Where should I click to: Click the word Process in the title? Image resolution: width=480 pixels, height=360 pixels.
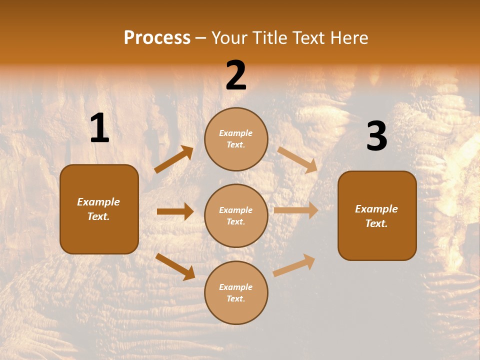pyautogui.click(x=157, y=38)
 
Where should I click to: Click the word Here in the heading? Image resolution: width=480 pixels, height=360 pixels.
pyautogui.click(x=348, y=38)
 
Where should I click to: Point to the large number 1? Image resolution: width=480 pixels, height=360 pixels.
pyautogui.click(x=99, y=128)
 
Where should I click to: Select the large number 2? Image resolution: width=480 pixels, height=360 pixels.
pyautogui.click(x=236, y=76)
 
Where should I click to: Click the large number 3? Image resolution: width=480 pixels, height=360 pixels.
pyautogui.click(x=376, y=136)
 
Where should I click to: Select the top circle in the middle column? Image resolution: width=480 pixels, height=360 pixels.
pyautogui.click(x=236, y=139)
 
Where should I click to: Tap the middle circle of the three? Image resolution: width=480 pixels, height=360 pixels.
pyautogui.click(x=236, y=215)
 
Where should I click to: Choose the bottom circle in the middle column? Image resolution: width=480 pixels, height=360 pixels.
pyautogui.click(x=236, y=292)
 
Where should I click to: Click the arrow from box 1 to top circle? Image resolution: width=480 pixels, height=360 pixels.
pyautogui.click(x=173, y=159)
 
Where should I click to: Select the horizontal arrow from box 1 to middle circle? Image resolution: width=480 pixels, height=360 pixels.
pyautogui.click(x=175, y=211)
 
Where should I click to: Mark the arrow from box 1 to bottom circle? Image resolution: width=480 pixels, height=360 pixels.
pyautogui.click(x=175, y=266)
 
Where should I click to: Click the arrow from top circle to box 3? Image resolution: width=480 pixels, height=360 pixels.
pyautogui.click(x=297, y=159)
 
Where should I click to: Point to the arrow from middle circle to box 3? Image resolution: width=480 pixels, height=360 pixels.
pyautogui.click(x=296, y=210)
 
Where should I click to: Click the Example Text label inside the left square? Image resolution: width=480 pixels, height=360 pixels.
pyautogui.click(x=98, y=209)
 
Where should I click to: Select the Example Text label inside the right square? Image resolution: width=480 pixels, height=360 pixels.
pyautogui.click(x=376, y=216)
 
